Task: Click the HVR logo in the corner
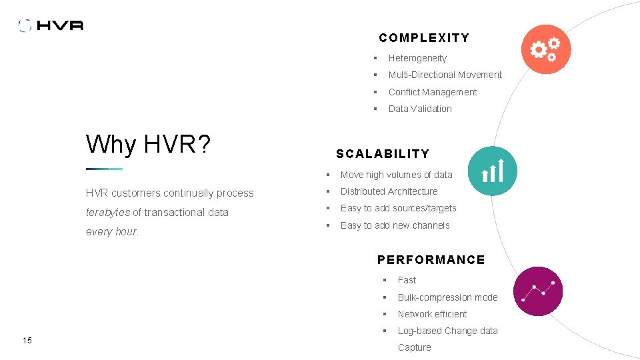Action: point(51,25)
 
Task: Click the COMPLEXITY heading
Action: point(424,38)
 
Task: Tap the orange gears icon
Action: point(546,49)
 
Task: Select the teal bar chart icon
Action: point(492,171)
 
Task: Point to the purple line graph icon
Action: point(538,291)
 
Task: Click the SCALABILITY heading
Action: point(383,154)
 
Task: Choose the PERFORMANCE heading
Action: point(431,260)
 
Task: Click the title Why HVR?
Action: point(148,143)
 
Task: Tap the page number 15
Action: point(27,341)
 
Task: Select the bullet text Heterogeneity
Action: point(417,58)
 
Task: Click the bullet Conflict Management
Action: point(433,92)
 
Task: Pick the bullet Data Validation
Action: point(420,109)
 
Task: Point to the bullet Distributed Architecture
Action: point(389,191)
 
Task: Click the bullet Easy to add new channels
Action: point(395,225)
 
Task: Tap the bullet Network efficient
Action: point(432,314)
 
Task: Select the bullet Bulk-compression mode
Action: point(447,297)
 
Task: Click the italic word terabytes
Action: point(108,212)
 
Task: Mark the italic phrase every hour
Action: point(112,232)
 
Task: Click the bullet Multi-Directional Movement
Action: point(445,75)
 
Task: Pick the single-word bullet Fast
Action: point(407,280)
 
